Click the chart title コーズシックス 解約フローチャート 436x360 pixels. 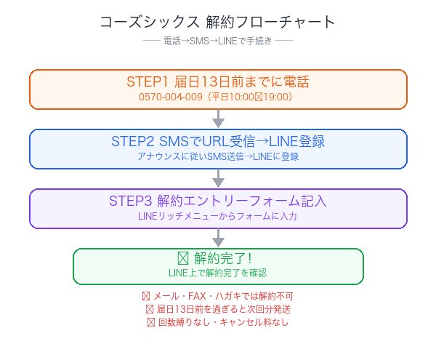(218, 23)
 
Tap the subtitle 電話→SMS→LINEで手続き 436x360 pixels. (218, 41)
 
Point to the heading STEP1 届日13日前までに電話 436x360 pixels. (218, 81)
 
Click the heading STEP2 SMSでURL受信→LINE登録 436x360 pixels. (218, 141)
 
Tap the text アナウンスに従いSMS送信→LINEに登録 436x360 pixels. (218, 156)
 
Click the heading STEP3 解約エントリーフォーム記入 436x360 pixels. (218, 201)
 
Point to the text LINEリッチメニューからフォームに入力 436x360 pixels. (218, 216)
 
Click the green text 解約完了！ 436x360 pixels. (218, 258)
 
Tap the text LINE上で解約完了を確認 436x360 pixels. (218, 273)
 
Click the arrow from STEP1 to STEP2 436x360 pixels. (218, 119)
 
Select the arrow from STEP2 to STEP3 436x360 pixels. (218, 179)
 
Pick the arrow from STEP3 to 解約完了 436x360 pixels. (218, 238)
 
